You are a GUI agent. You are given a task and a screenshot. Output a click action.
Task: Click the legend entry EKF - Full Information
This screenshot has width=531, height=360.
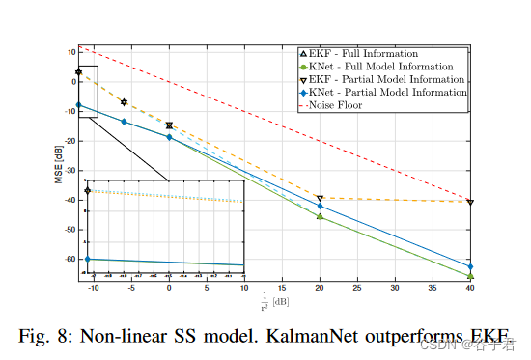tap(363, 53)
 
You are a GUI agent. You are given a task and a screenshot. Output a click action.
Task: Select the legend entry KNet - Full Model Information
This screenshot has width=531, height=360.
tap(377, 66)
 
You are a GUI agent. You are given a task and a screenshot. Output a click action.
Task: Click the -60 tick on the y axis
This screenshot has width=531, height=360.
tap(69, 260)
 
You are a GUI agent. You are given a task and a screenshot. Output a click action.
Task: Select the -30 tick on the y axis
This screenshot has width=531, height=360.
tap(69, 171)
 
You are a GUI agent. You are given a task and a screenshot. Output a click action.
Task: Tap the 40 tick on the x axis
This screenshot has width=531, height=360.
tap(470, 287)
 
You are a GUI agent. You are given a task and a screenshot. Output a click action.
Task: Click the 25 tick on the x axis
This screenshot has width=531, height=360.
tap(357, 287)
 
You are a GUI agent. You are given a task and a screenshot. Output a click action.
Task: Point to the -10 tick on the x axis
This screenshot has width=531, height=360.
tap(93, 287)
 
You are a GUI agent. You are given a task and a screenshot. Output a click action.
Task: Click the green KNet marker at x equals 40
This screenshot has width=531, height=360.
tap(470, 276)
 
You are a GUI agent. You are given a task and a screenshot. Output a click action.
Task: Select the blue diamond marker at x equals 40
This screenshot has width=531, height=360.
tap(470, 266)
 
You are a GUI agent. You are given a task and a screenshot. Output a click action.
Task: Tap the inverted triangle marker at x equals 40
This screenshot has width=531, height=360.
tap(470, 202)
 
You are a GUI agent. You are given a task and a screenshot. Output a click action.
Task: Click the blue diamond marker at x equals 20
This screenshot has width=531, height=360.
tap(320, 207)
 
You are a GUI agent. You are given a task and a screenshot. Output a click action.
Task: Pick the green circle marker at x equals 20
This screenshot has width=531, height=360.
tap(320, 216)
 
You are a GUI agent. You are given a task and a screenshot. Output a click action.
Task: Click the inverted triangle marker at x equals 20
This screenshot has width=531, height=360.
tap(320, 199)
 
